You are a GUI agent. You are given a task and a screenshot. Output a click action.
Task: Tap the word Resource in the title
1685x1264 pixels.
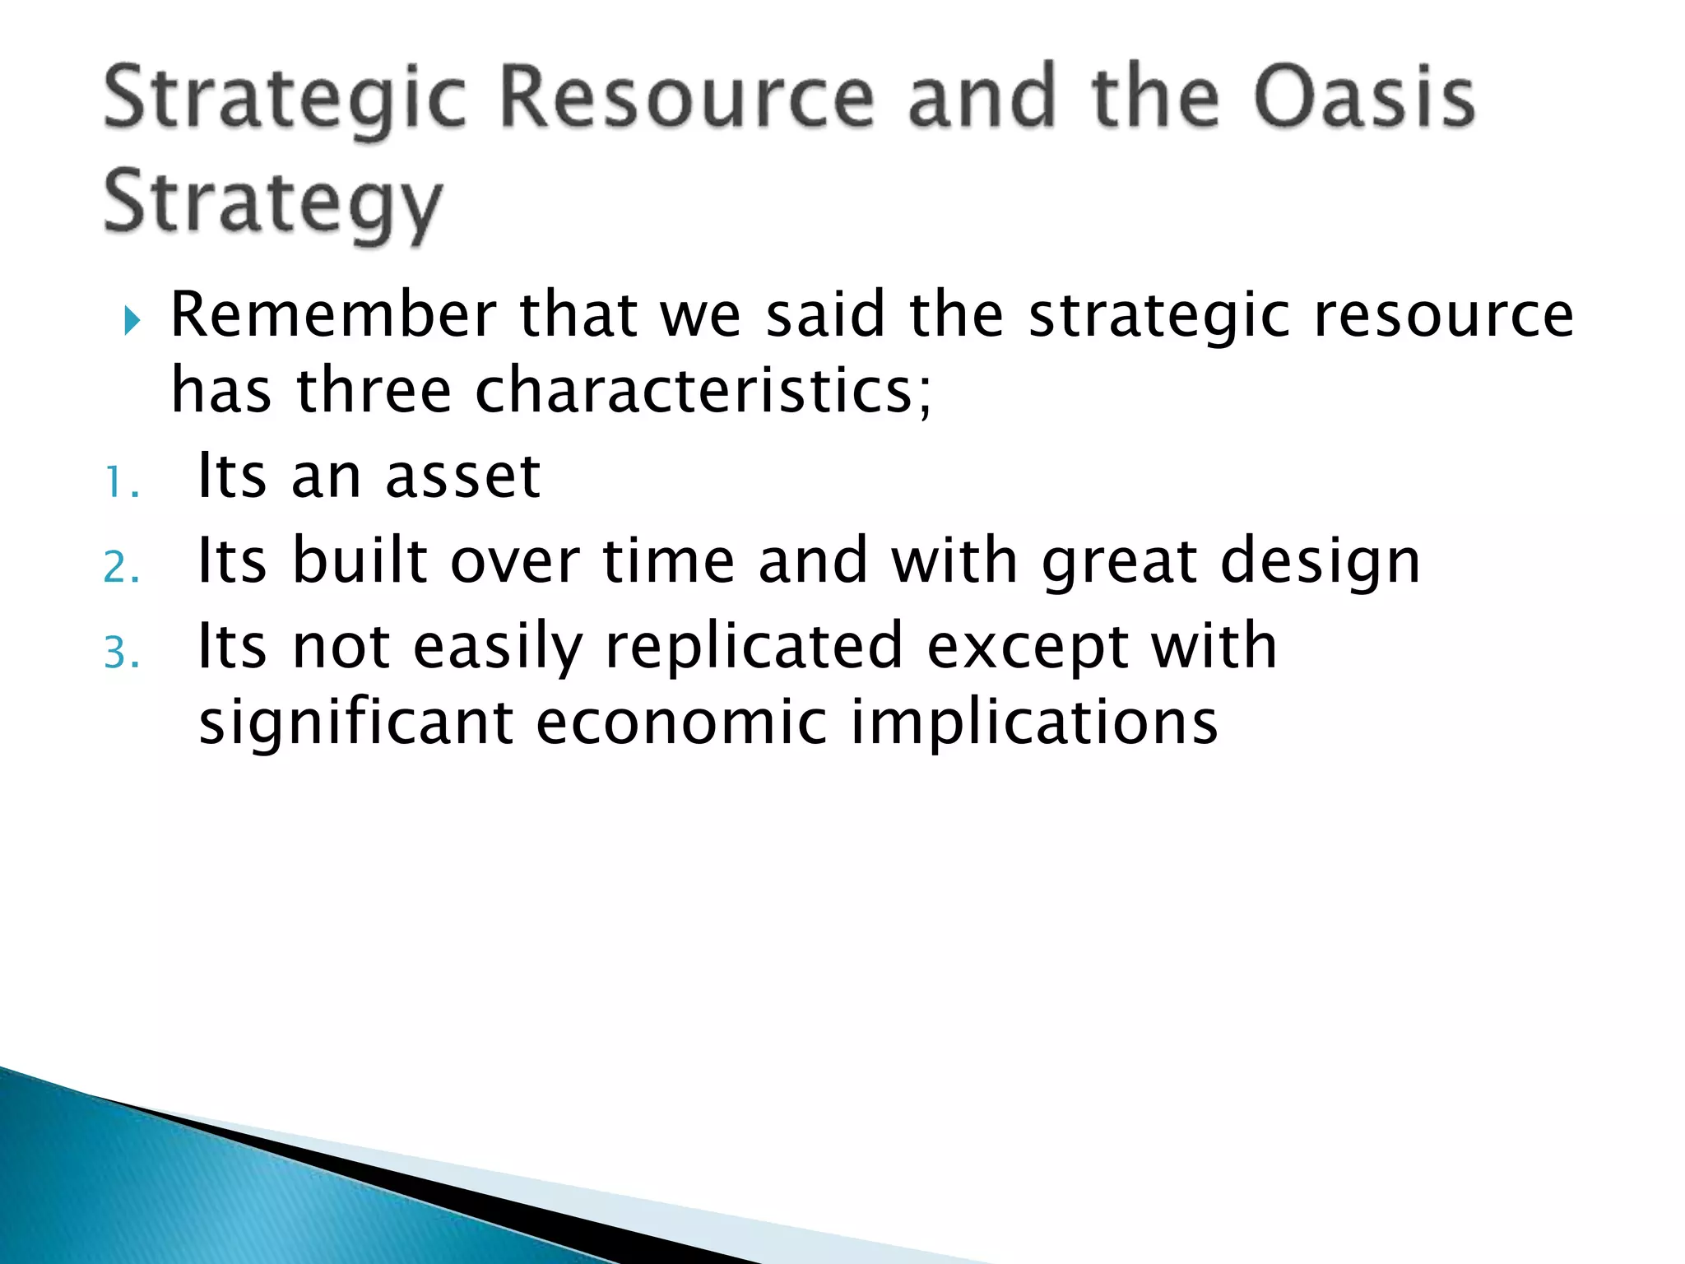[x=687, y=99]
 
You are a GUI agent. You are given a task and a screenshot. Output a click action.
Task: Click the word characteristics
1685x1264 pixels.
[x=703, y=390]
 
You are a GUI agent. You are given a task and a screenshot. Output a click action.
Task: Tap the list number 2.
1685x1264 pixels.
[x=121, y=569]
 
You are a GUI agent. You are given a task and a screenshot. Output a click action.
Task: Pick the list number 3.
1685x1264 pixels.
[x=121, y=654]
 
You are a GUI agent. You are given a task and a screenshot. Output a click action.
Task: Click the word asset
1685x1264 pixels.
[x=462, y=477]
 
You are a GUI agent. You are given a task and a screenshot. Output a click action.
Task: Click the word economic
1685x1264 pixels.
[x=681, y=723]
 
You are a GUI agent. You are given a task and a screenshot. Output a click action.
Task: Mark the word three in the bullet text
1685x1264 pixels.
[x=374, y=390]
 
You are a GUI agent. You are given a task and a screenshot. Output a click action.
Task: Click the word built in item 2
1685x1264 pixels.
[x=360, y=561]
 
